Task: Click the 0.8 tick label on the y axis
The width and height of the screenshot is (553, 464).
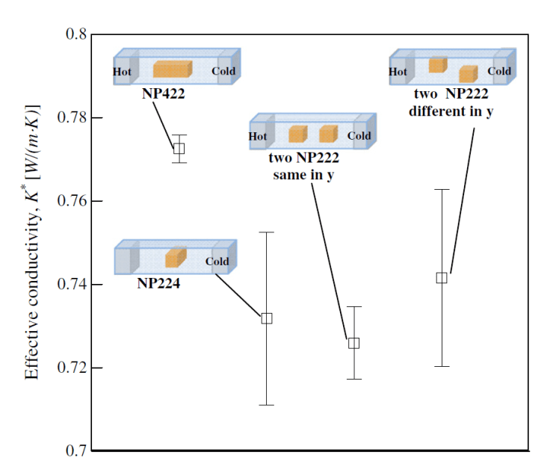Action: pos(77,34)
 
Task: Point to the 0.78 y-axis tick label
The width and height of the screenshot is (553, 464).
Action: pos(73,118)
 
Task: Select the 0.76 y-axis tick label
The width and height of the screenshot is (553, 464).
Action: pos(73,202)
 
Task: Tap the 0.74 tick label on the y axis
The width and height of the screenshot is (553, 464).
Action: pos(73,285)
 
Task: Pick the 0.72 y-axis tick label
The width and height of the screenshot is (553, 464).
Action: pos(73,368)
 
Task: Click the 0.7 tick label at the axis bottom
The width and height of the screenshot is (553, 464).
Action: pos(77,451)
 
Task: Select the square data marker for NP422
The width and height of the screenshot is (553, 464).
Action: pos(179,148)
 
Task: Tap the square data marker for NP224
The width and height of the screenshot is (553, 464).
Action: pos(267,318)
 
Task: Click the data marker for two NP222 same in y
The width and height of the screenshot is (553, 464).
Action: pos(354,343)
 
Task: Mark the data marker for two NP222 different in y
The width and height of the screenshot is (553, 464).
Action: pos(442,278)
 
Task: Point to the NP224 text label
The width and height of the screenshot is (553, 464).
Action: pos(158,284)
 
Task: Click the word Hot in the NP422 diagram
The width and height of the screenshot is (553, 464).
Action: pos(122,72)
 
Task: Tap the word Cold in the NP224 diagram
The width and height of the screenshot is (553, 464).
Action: pos(217,262)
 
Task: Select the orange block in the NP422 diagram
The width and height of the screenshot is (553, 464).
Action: pos(173,70)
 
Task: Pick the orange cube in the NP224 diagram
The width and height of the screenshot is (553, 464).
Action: pos(175,258)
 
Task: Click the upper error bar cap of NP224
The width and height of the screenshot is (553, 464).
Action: pos(267,232)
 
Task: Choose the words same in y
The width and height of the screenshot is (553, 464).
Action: pos(304,176)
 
